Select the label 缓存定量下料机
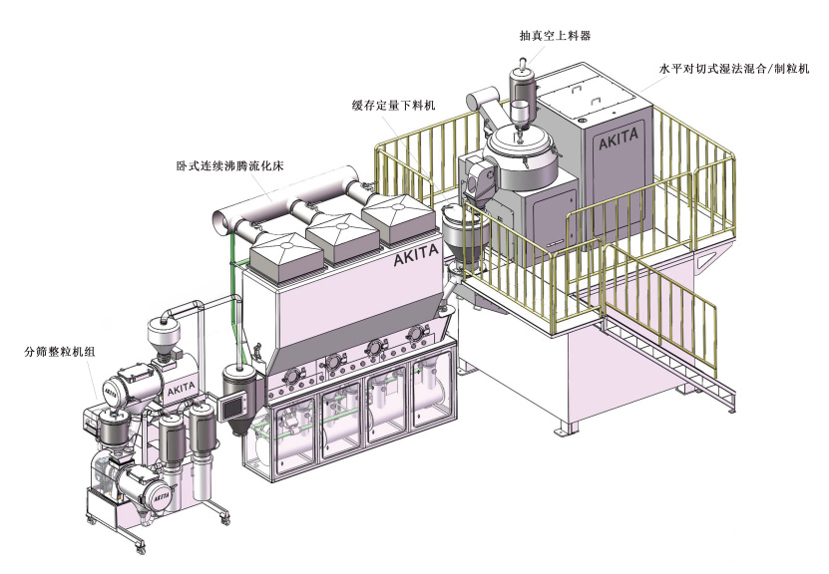393,104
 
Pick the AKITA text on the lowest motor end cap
161,493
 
